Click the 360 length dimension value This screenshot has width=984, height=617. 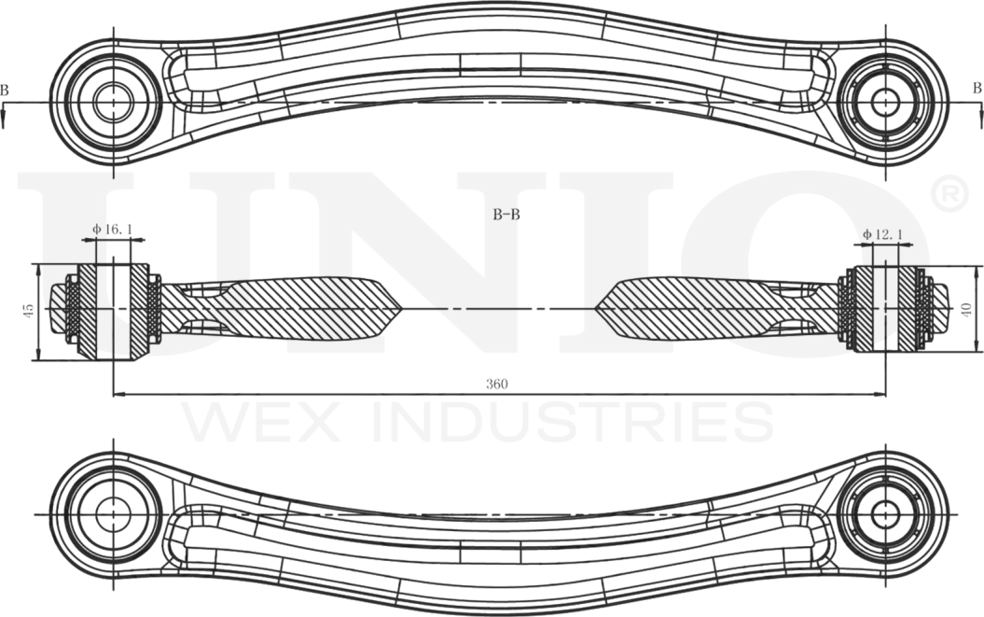tap(496, 384)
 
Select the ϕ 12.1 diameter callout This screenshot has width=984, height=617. tap(882, 233)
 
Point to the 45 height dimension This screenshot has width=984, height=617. tap(29, 309)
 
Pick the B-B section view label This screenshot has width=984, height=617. tap(506, 214)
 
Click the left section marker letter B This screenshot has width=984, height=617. tap(5, 90)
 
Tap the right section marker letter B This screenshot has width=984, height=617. tap(977, 89)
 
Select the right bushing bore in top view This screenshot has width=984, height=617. tap(884, 101)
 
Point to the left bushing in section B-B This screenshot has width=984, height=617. tap(113, 309)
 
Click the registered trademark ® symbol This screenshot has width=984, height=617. tap(947, 195)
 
